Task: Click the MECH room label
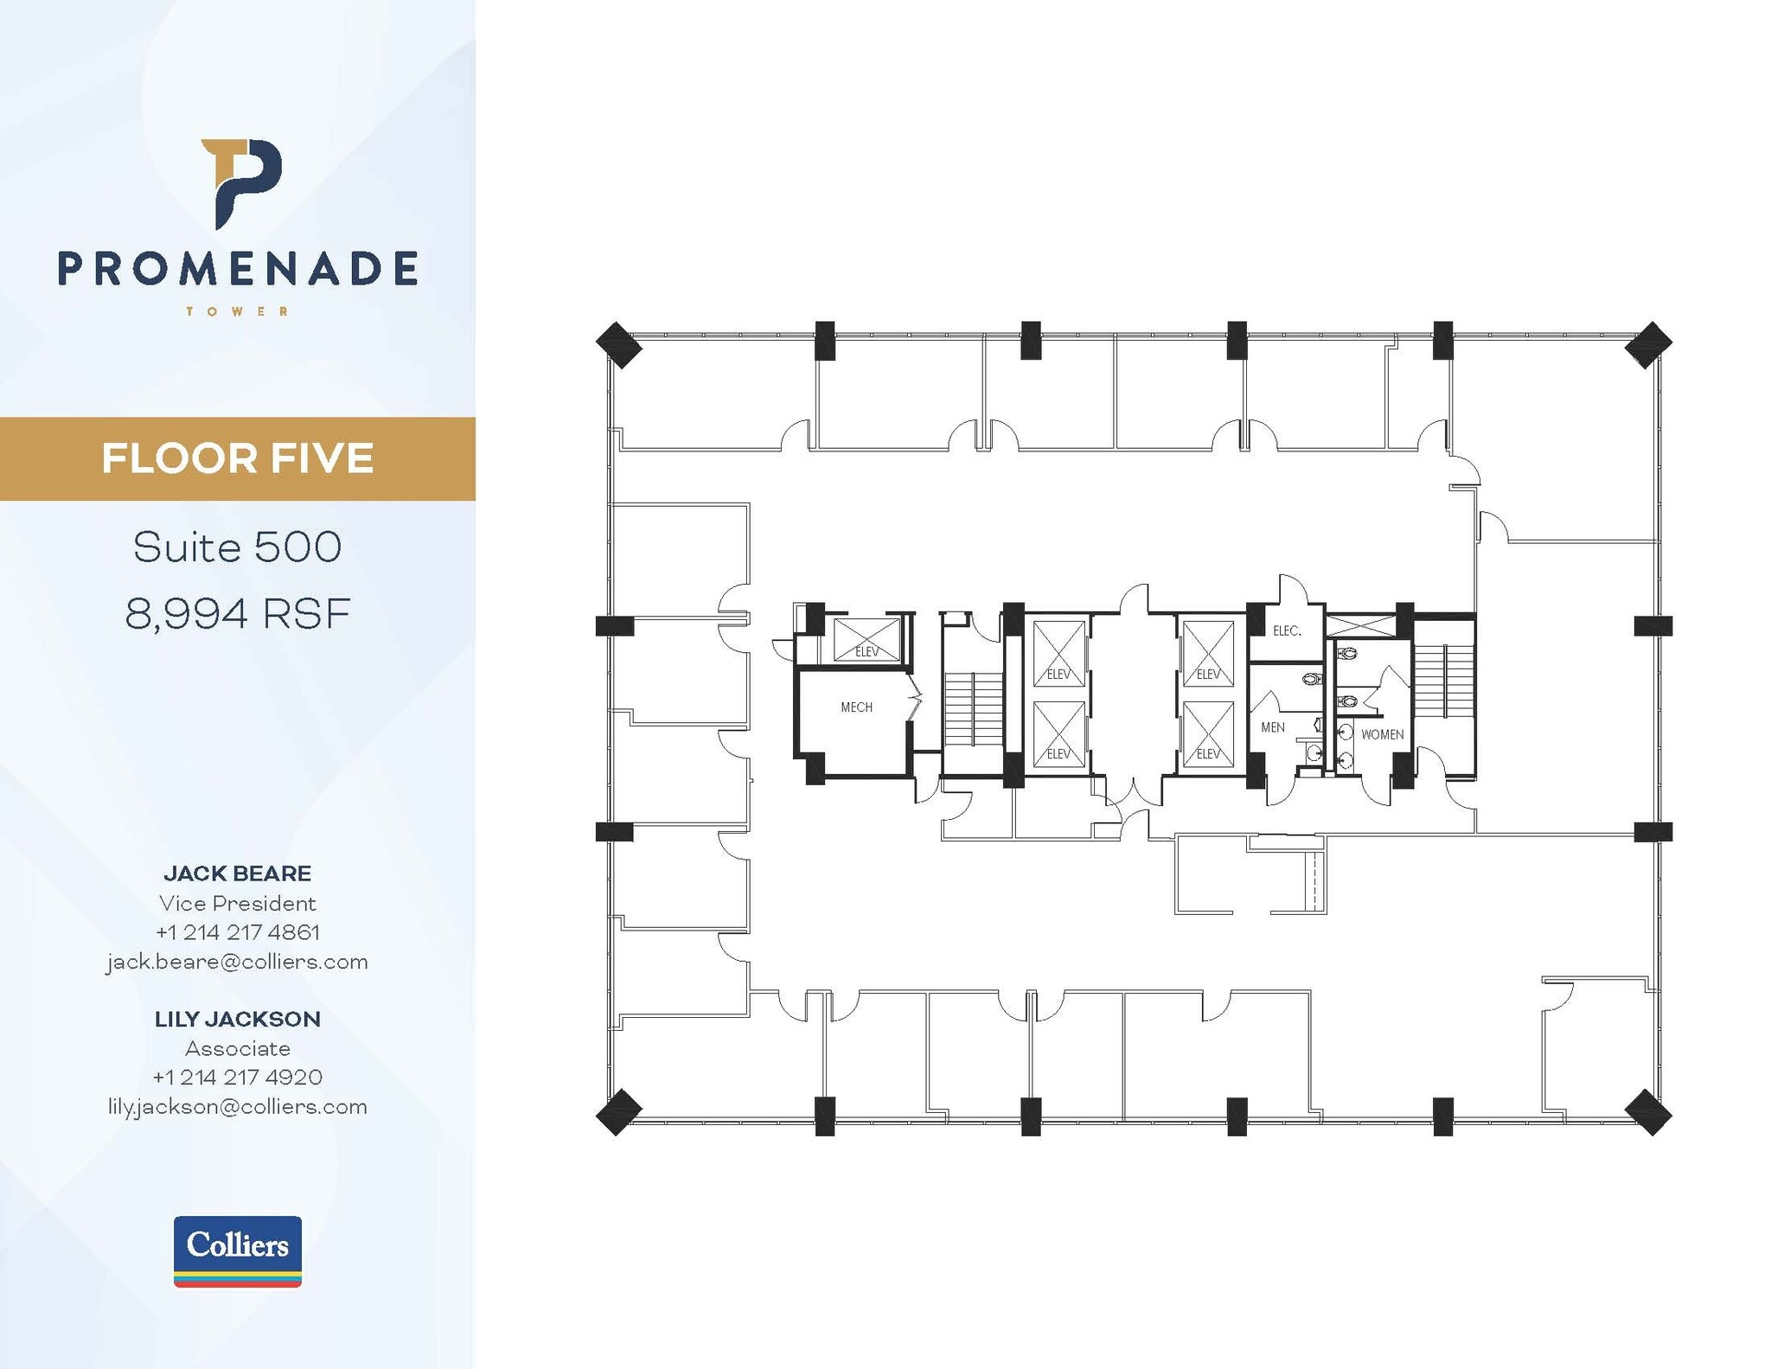[856, 707]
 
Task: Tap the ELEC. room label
[1287, 631]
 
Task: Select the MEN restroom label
[1272, 727]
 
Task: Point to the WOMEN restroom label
[1382, 735]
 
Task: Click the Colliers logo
[238, 1251]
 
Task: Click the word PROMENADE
[238, 269]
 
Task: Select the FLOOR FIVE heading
[238, 458]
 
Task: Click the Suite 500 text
[238, 547]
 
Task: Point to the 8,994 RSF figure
[238, 615]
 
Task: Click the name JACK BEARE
[238, 873]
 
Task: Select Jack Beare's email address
[238, 962]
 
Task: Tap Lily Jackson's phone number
[238, 1077]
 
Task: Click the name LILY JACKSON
[238, 1019]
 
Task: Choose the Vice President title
[238, 903]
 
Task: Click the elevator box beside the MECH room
[866, 639]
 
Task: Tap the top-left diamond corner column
[619, 344]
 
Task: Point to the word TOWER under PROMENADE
[238, 311]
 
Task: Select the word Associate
[238, 1048]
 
